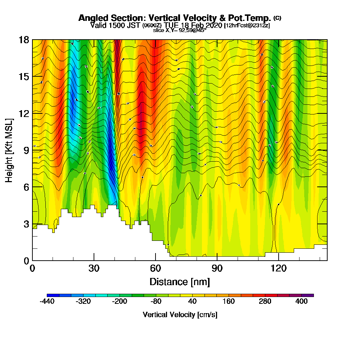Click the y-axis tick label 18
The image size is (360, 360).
[x=24, y=40]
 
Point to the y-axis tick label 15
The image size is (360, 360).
[x=24, y=76]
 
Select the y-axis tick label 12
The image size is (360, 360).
[x=24, y=113]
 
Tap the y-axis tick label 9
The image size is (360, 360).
[x=26, y=150]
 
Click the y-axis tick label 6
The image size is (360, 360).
[x=26, y=187]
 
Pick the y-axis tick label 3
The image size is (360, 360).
[x=26, y=224]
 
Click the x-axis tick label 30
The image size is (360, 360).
[x=94, y=268]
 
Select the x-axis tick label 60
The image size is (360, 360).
[x=156, y=268]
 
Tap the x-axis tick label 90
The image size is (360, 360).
[x=217, y=268]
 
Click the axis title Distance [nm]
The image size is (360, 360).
[x=180, y=281]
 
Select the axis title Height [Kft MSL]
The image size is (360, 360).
[x=9, y=150]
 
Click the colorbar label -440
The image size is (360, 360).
[x=47, y=302]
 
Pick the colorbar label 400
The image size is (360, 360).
[x=302, y=302]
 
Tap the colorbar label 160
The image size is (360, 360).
[x=229, y=302]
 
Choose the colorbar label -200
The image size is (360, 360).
[x=120, y=302]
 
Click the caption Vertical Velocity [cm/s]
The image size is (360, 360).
[x=180, y=315]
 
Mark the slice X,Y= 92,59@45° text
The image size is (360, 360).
[x=180, y=30]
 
